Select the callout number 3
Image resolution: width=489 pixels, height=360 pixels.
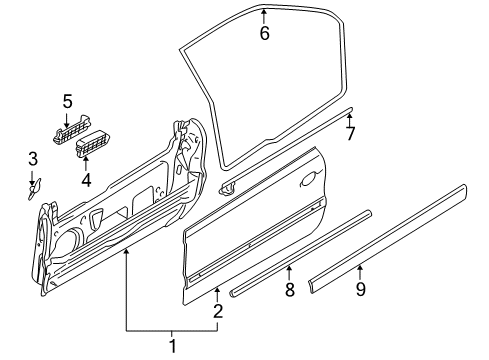33,158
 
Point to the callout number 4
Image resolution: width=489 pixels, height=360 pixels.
86,180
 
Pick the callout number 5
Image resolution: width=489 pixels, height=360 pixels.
68,100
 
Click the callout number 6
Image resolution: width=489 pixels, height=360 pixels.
264,33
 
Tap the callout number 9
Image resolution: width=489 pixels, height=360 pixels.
361,290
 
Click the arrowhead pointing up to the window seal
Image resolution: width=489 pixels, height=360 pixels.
264,13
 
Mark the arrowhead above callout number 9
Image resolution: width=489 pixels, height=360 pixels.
361,268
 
